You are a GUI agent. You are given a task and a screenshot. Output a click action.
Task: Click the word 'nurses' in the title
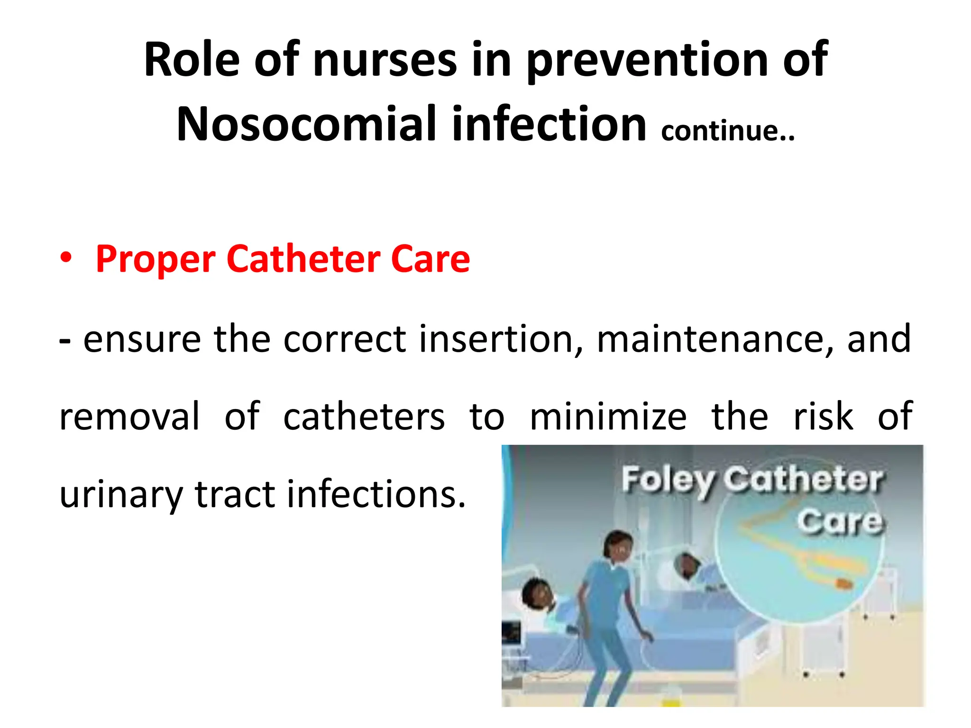(x=385, y=60)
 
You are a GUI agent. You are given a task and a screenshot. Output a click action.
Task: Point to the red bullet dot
(x=66, y=258)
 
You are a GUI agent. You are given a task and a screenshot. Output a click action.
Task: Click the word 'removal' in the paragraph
(x=129, y=416)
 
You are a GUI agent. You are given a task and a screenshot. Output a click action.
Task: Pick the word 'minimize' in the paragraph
(x=608, y=416)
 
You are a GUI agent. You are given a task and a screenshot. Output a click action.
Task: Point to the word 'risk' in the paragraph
(x=823, y=416)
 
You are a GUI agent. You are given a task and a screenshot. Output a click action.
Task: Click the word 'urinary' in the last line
(x=121, y=495)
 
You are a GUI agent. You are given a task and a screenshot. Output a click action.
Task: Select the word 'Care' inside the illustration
(x=840, y=522)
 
